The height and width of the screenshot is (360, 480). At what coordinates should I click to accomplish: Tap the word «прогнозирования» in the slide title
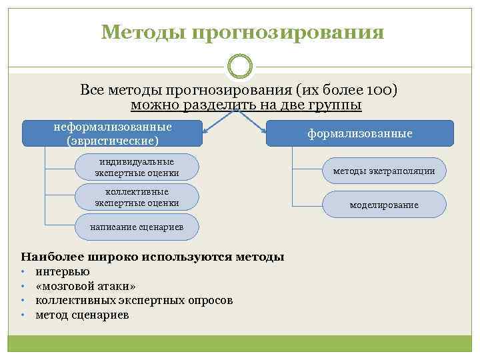288,33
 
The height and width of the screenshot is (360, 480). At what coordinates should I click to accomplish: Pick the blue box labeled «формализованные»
359,133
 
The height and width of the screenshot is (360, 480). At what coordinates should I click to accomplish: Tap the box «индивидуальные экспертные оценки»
137,167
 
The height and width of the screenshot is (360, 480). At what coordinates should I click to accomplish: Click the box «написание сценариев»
137,227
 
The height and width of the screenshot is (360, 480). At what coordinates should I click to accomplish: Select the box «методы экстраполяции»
384,171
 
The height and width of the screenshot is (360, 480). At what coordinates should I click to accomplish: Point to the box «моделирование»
384,205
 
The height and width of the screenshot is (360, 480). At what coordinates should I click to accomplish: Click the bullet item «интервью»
63,271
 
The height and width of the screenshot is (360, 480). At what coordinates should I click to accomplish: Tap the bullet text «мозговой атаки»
86,286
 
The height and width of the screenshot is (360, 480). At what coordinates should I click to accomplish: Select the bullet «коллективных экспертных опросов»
134,300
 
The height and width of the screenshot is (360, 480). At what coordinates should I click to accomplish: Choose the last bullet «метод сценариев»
82,315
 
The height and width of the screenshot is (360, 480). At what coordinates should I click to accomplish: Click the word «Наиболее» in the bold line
48,256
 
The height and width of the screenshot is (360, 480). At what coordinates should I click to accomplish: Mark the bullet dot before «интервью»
23,272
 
